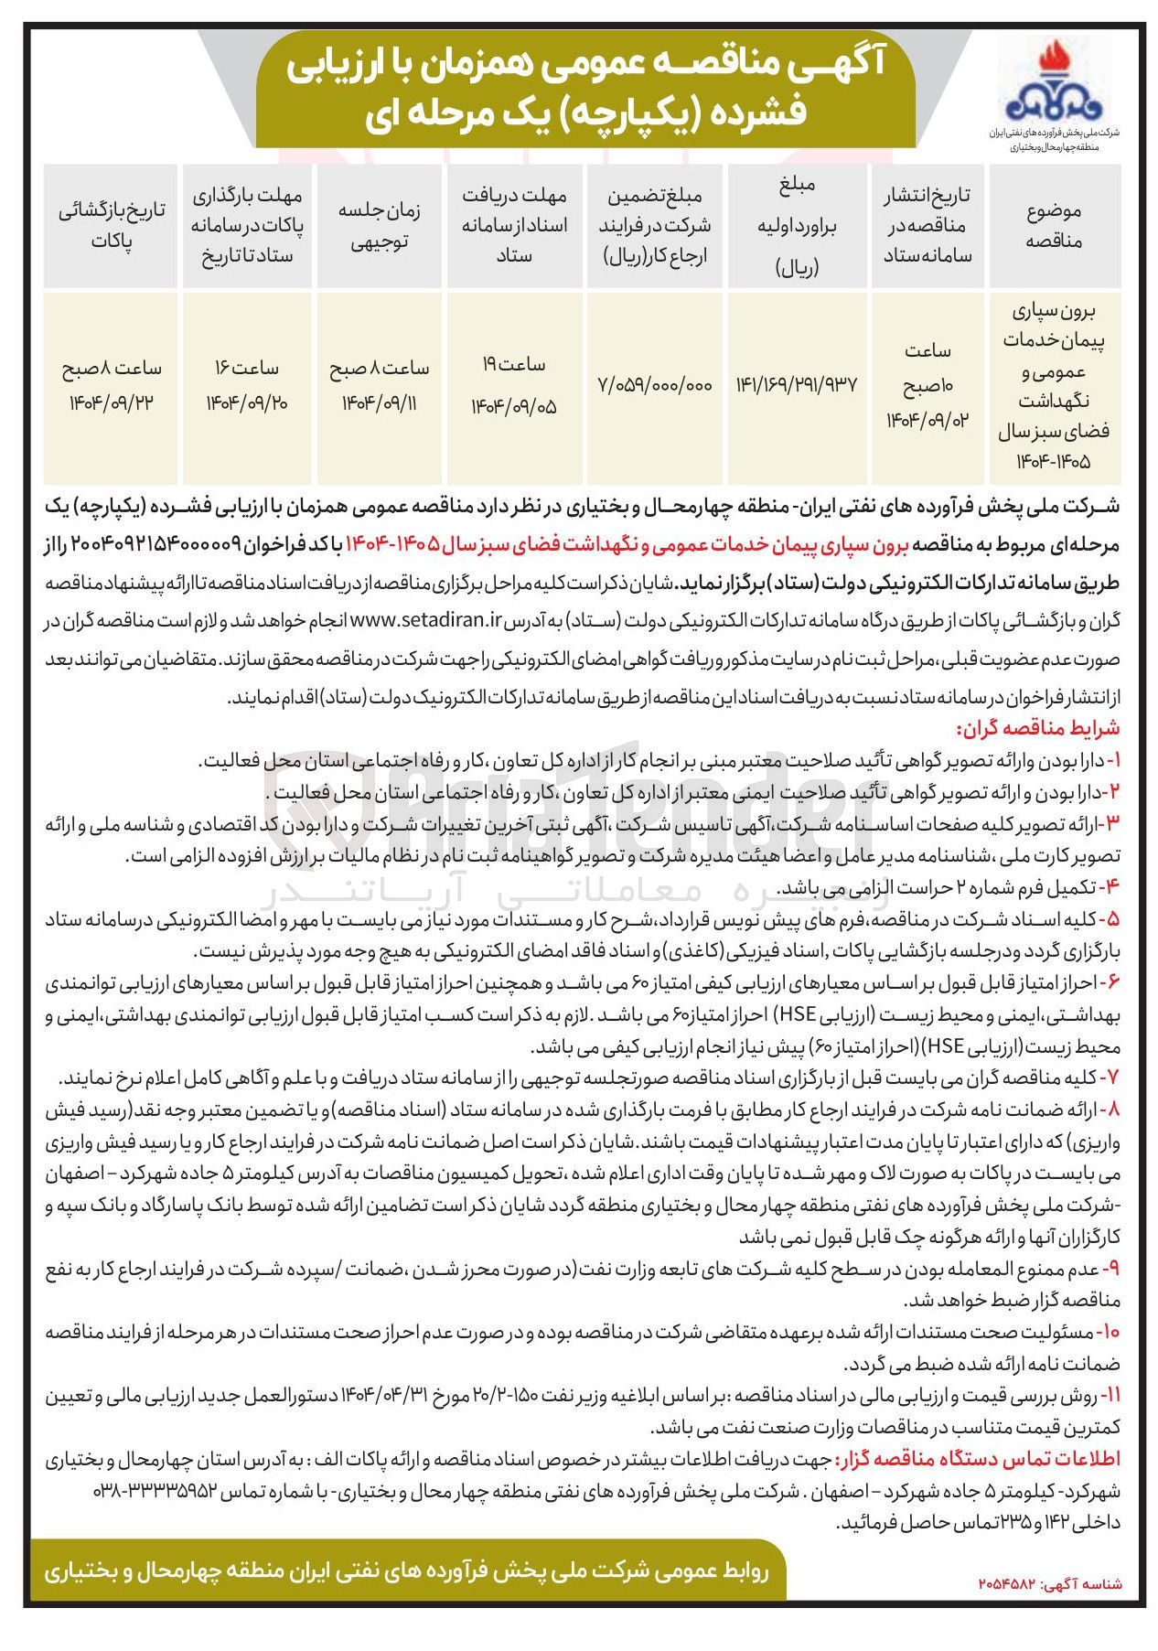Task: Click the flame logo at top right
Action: click(x=1053, y=82)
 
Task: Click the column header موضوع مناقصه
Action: click(x=1054, y=226)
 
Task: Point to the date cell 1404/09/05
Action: click(x=513, y=405)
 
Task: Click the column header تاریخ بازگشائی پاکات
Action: click(x=112, y=226)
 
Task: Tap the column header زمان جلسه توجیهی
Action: click(x=379, y=226)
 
